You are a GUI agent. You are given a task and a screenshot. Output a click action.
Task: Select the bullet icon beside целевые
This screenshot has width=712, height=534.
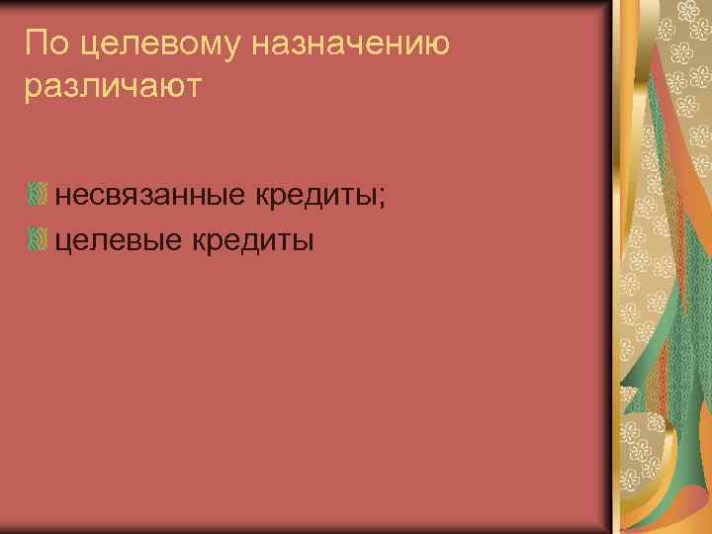tap(38, 239)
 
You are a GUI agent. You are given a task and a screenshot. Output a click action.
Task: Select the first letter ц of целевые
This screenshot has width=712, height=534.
tap(62, 241)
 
